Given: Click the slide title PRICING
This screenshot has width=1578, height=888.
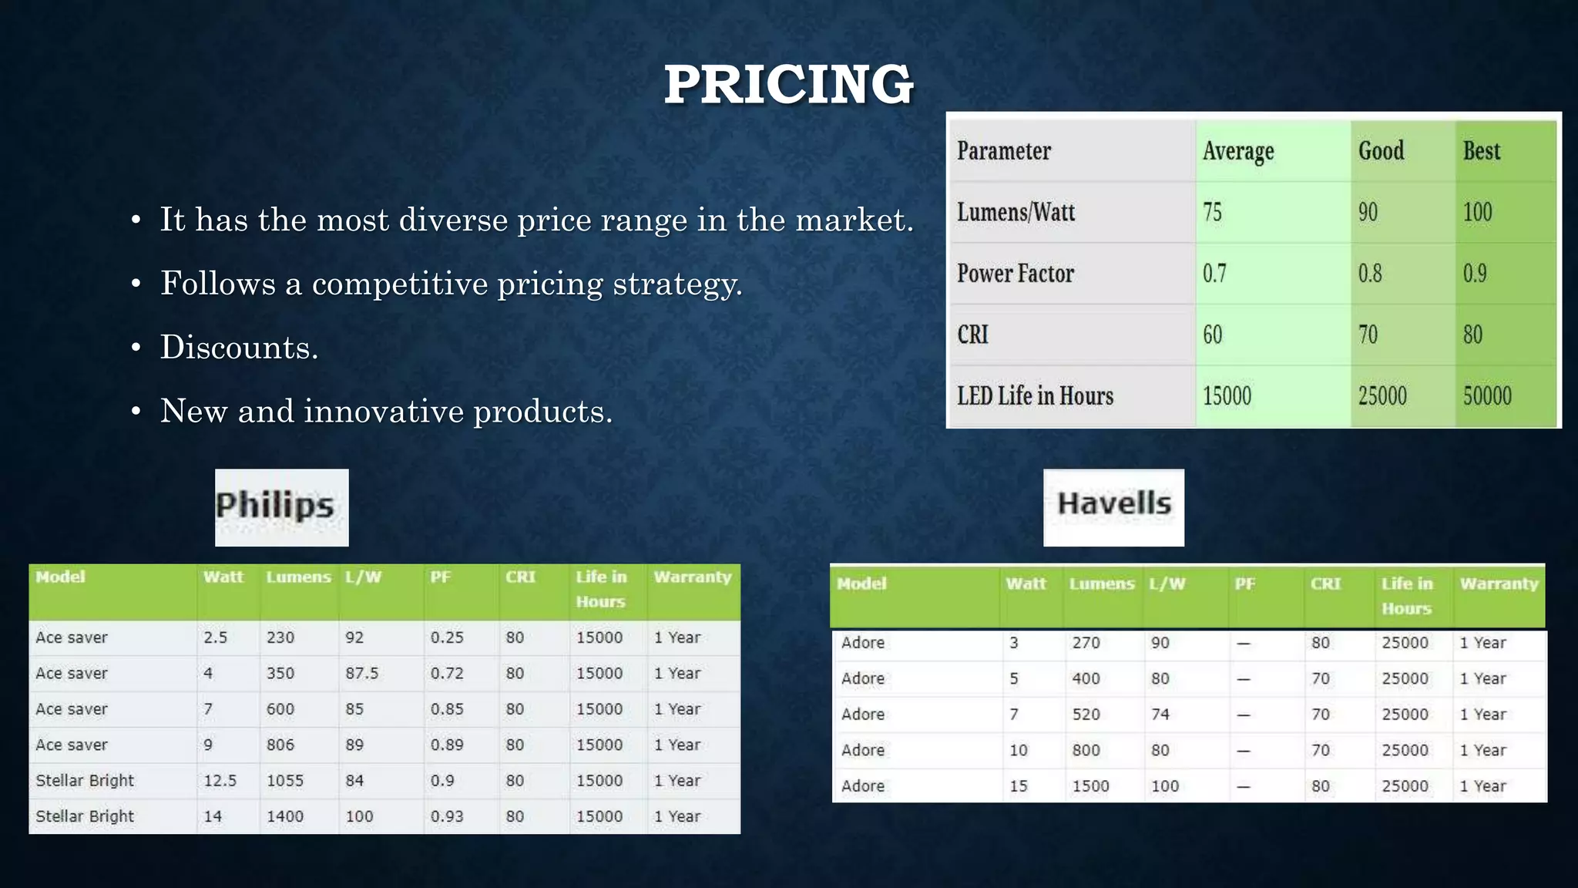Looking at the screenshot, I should [788, 84].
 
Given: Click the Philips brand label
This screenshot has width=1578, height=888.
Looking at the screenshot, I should [274, 506].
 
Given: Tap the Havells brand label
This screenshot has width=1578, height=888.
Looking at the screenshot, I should [1113, 505].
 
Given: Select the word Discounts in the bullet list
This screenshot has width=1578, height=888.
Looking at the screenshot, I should [239, 348].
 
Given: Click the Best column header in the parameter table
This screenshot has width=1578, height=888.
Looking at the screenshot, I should [1481, 151].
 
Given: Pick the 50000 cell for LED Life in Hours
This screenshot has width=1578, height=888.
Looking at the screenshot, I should [1487, 396].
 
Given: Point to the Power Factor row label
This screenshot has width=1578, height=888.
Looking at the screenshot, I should [1015, 274].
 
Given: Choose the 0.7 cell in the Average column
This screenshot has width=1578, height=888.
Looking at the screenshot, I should [1214, 274].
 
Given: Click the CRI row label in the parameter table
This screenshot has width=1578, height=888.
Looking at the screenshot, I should [972, 335].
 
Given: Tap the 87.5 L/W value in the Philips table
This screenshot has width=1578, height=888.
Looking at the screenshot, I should [361, 674].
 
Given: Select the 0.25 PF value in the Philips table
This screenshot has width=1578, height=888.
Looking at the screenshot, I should [447, 638].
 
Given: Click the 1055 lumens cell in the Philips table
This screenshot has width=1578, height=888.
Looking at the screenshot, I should [285, 781].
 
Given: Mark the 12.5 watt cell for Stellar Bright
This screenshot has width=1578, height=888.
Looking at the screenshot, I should [220, 781].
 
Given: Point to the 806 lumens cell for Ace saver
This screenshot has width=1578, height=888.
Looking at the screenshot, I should [280, 745].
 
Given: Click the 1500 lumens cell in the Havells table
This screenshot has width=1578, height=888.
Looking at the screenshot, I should [1090, 786].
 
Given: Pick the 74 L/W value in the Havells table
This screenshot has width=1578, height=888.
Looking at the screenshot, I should [1160, 715].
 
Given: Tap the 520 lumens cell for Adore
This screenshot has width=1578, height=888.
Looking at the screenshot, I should [1086, 715].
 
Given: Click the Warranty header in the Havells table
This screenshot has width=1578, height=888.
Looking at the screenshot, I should [1499, 584].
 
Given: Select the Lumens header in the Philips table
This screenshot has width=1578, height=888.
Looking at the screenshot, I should [298, 577].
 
